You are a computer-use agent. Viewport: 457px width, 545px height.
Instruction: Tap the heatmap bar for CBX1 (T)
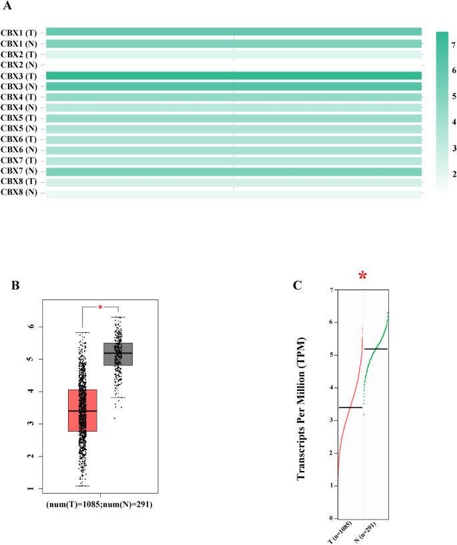234,32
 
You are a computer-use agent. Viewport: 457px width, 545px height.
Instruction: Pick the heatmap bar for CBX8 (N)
234,193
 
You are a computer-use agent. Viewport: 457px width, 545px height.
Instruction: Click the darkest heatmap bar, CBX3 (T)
234,75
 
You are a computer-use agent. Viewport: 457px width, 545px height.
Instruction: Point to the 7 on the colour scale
453,45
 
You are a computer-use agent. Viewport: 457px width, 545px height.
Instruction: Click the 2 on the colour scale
453,174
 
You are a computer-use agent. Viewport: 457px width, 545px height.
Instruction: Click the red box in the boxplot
82,410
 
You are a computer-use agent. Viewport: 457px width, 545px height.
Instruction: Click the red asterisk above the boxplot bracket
100,307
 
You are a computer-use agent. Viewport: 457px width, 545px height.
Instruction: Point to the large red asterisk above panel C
363,276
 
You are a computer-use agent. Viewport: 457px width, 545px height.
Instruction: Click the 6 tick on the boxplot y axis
31,326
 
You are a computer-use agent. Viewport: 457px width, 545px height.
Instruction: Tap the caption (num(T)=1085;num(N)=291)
99,505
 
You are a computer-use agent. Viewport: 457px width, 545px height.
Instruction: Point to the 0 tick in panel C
330,518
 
